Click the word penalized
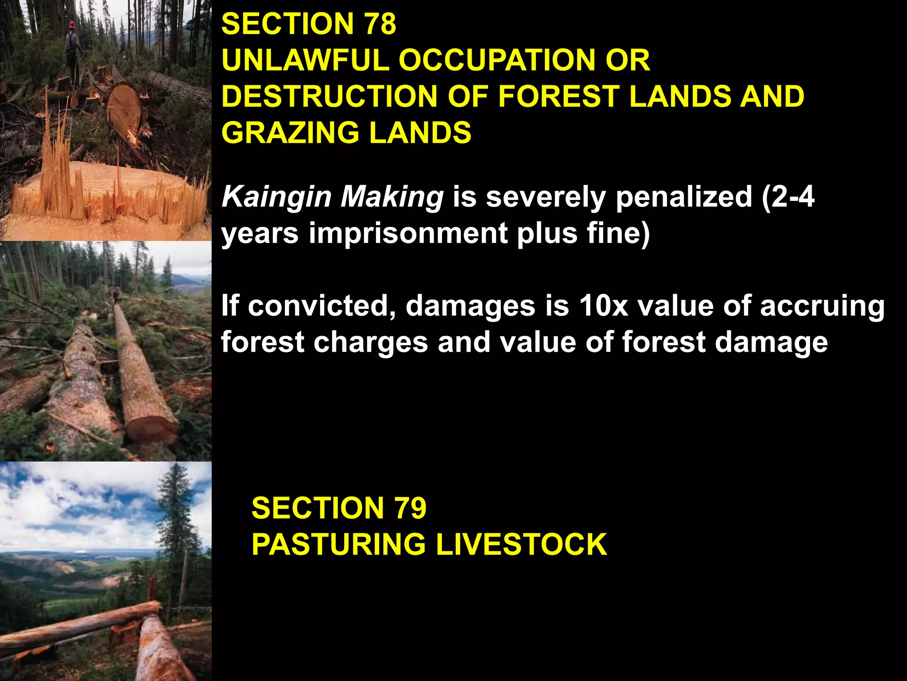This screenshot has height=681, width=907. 683,197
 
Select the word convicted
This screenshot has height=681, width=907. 322,306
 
